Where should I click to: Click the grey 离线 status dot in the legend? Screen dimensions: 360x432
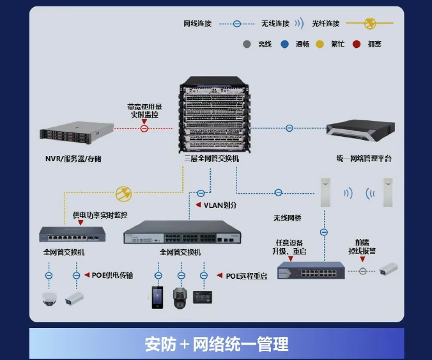(247, 44)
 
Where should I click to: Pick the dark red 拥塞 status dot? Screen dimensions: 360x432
(357, 44)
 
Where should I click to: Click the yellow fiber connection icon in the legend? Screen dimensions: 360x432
(369, 24)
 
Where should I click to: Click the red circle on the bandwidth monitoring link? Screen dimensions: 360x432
(144, 129)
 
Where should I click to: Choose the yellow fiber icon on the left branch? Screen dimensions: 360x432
(124, 192)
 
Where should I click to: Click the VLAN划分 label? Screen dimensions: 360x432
(220, 205)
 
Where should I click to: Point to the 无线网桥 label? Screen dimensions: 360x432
(287, 217)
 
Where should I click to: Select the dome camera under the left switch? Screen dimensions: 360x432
(49, 298)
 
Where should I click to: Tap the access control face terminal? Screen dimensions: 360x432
(157, 297)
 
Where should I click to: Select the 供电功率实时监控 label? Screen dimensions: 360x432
(100, 215)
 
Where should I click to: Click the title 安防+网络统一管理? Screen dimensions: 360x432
(216, 344)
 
